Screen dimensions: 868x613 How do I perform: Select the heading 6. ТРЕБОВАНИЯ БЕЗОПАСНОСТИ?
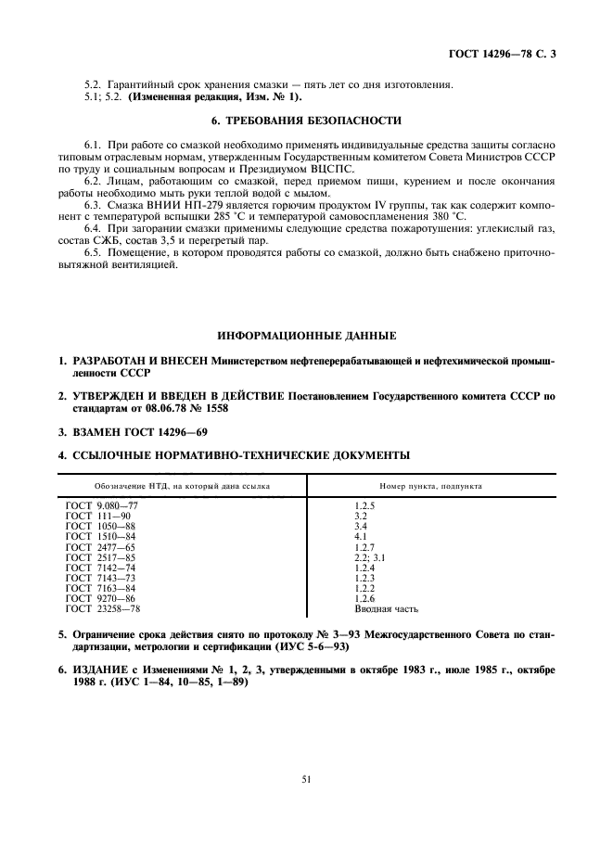pos(307,120)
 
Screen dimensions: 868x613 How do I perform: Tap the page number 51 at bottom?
pos(306,780)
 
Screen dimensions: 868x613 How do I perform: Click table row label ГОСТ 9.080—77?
pos(101,504)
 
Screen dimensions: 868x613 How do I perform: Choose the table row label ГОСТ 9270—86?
pos(101,598)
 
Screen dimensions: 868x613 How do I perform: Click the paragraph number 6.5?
pos(92,251)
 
